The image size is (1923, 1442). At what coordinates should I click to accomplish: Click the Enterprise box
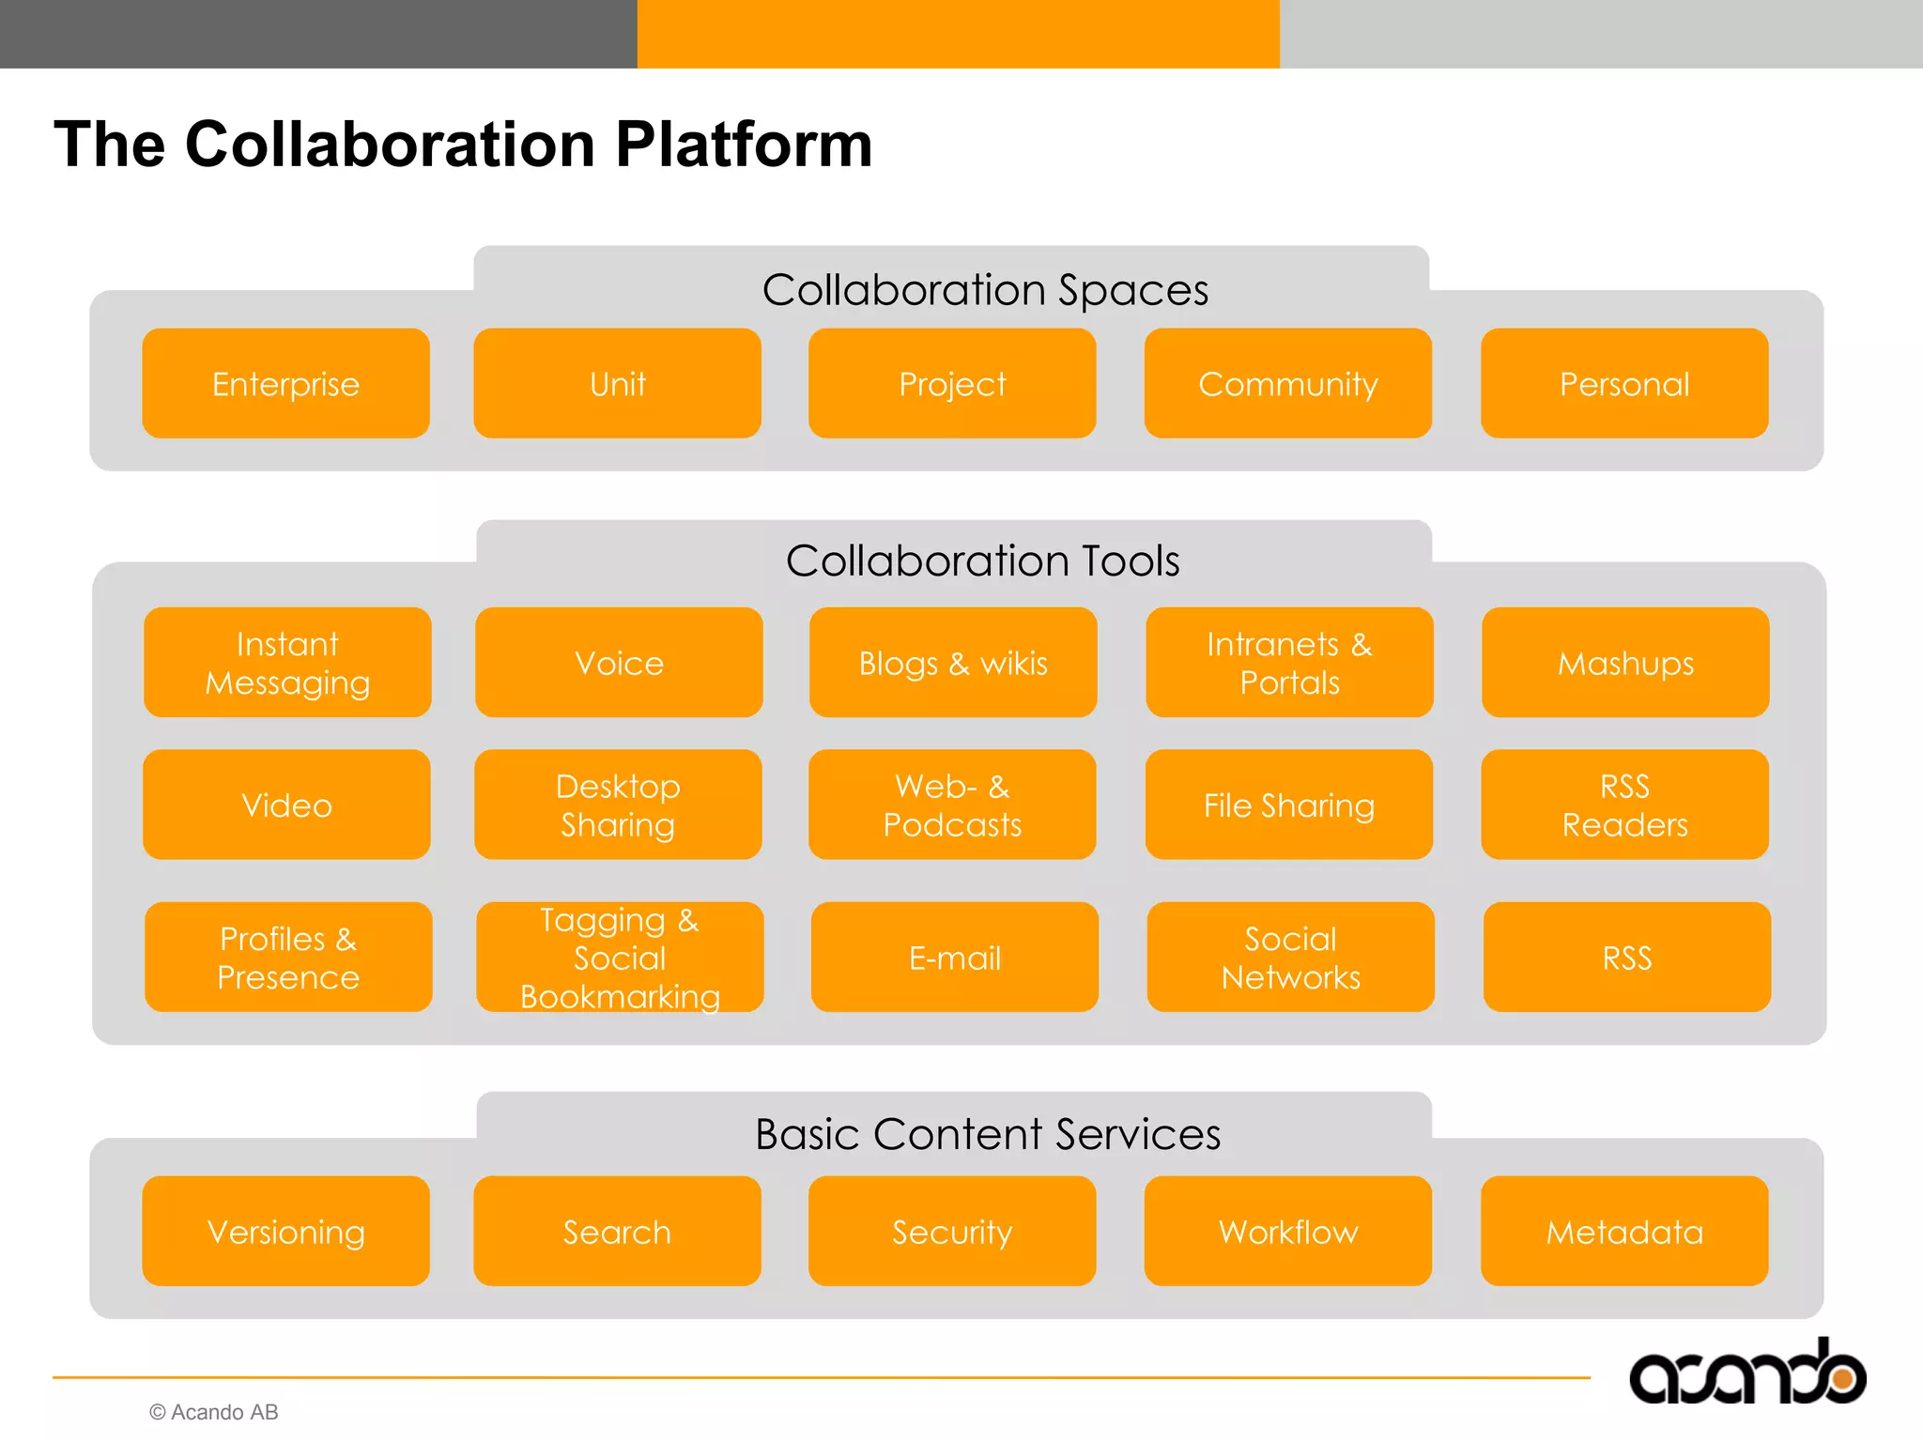coord(285,383)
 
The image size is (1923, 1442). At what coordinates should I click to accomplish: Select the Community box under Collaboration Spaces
coord(1287,383)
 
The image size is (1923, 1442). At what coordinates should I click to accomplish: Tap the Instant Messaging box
coord(287,663)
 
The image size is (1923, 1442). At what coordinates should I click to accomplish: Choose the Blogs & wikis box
coord(952,663)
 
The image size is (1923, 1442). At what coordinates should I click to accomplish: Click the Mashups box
coord(1624,663)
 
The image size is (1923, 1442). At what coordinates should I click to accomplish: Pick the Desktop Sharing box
coord(618,805)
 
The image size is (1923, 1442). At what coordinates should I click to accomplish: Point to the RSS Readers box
coord(1624,805)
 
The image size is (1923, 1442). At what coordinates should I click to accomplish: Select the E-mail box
coord(954,958)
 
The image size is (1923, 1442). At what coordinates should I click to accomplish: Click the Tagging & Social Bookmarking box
coord(620,958)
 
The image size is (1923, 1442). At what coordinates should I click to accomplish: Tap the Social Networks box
coord(1290,958)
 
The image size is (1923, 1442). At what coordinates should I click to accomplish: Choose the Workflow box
coord(1287,1231)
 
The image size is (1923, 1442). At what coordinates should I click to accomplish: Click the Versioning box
coord(285,1231)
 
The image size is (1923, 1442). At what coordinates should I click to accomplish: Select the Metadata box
coord(1624,1231)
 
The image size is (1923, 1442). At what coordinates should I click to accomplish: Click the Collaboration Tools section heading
coord(982,560)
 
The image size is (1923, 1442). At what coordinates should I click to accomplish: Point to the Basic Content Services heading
coord(987,1134)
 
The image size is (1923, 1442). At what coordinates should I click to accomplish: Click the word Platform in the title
coord(743,145)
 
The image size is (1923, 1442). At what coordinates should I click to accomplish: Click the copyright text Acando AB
coord(214,1412)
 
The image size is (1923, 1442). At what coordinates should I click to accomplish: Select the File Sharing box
coord(1288,805)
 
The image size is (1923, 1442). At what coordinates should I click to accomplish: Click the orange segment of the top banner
coord(958,34)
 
